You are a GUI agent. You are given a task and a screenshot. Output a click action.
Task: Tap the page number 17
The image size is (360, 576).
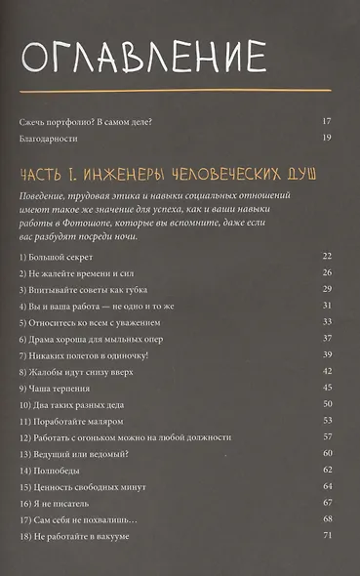tap(327, 121)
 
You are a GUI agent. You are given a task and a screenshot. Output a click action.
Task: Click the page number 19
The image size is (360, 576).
tap(327, 139)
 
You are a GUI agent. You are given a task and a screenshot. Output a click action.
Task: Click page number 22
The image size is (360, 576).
tap(327, 256)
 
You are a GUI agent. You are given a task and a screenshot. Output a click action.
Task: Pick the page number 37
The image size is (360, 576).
tap(327, 339)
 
